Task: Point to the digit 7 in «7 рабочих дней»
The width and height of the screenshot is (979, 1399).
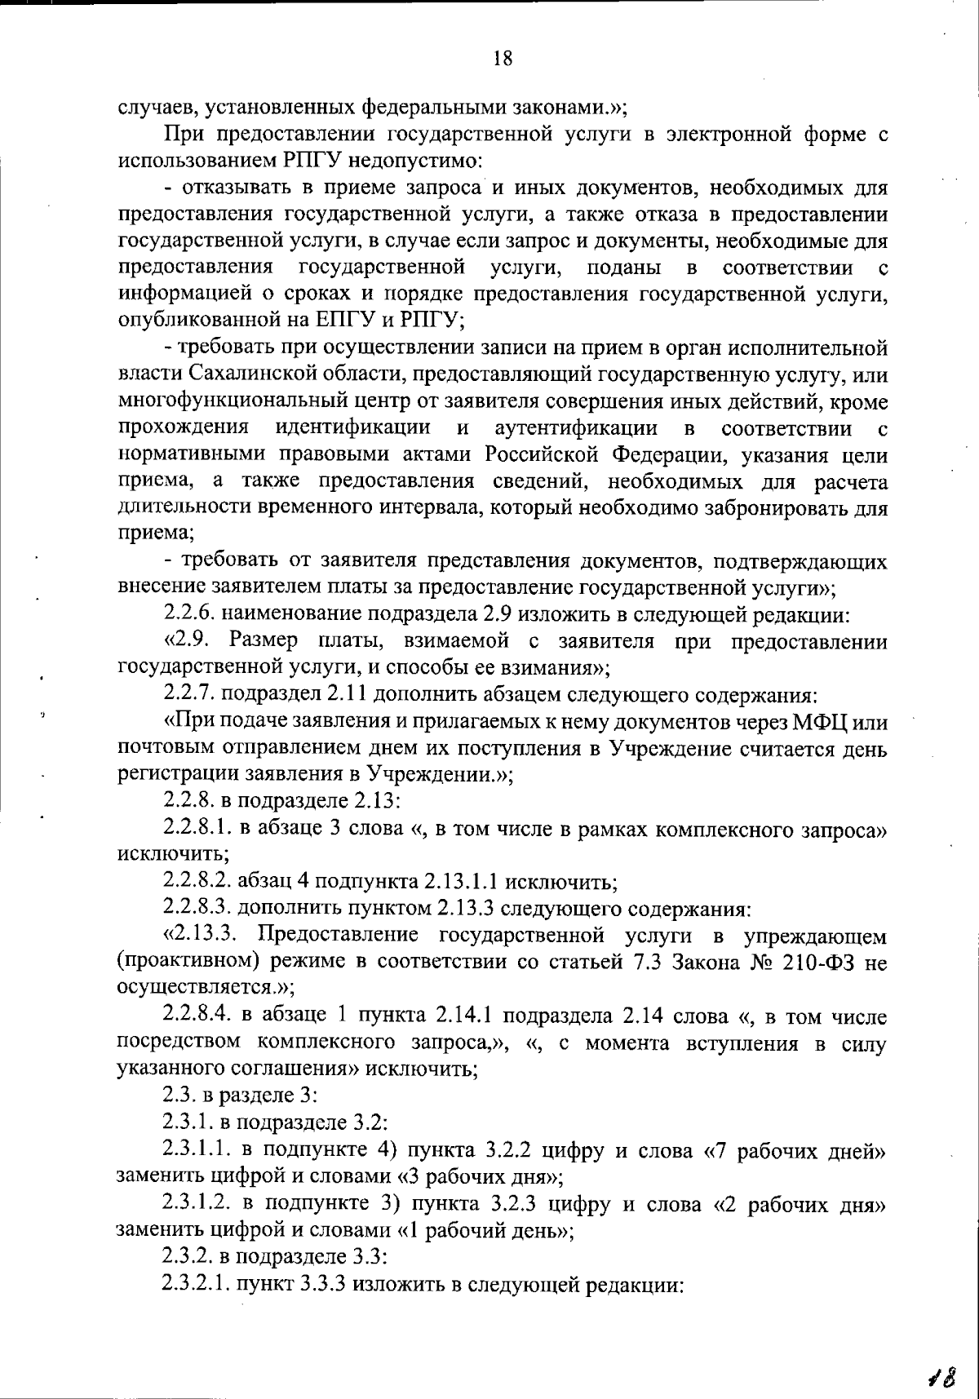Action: click(718, 1151)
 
